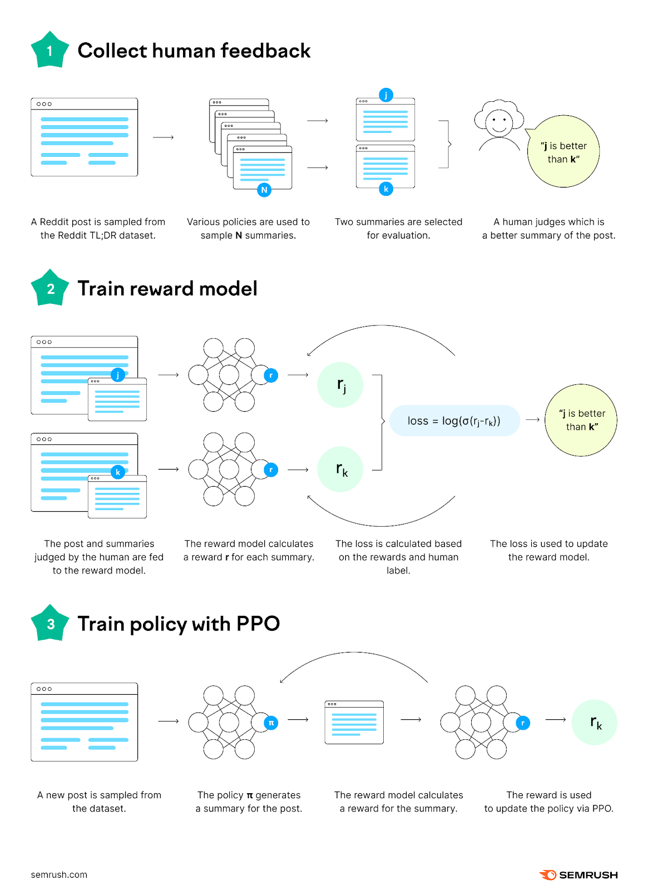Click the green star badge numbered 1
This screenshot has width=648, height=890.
coord(50,51)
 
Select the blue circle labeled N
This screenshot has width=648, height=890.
coord(264,190)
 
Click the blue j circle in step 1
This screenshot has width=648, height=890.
coord(385,95)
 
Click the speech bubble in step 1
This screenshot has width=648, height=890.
coord(563,152)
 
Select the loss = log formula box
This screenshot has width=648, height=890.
coord(454,421)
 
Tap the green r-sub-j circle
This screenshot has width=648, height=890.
coord(340,385)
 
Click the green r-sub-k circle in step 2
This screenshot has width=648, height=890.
coord(340,470)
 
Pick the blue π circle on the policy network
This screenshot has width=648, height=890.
coord(271,723)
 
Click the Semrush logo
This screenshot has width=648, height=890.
coord(578,875)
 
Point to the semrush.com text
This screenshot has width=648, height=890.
coord(59,874)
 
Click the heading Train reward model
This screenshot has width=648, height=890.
coord(167,289)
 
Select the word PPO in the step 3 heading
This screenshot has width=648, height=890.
coord(258,624)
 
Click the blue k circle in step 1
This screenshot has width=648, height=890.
coord(385,189)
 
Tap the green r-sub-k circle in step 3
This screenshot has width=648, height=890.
coord(595,723)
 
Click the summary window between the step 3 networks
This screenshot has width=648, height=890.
coord(354,722)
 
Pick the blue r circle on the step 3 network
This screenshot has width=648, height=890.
coord(522,723)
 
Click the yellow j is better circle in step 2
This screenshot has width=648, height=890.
coord(581,420)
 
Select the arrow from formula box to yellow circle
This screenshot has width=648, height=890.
coord(533,420)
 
